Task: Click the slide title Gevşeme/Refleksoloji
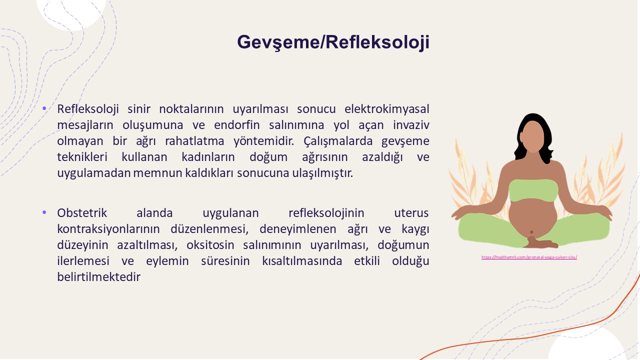tap(333, 42)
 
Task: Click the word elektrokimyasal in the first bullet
tap(387, 109)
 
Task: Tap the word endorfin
tap(236, 125)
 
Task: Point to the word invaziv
tap(411, 125)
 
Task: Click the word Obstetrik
tap(82, 213)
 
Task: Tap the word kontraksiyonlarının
tap(108, 229)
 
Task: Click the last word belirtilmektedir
tap(99, 277)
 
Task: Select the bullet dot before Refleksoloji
tap(44, 108)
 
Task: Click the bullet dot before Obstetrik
tap(44, 212)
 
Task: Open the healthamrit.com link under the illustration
tap(529, 257)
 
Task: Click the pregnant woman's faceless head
tap(533, 136)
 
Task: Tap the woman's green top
tap(533, 190)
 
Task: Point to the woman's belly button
tap(531, 232)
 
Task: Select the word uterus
tap(411, 213)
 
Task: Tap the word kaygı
tap(415, 229)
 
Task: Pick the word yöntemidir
tap(263, 141)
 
